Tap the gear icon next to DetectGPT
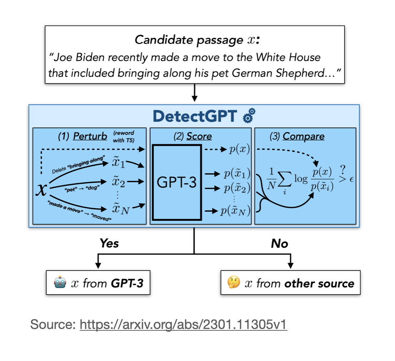tap(249, 116)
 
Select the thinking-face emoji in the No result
tap(233, 283)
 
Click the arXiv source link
tap(183, 325)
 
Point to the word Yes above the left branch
tap(109, 244)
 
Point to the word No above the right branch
tap(280, 244)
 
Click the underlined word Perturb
tap(90, 136)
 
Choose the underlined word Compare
tap(303, 136)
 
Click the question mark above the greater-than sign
tap(342, 169)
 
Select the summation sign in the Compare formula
tap(283, 178)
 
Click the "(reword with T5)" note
tap(125, 137)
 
